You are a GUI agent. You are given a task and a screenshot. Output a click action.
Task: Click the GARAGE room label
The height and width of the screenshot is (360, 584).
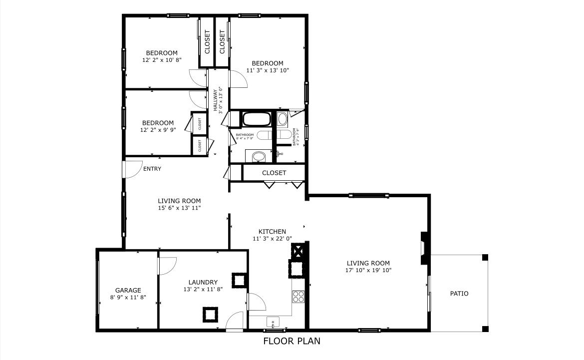click(x=128, y=290)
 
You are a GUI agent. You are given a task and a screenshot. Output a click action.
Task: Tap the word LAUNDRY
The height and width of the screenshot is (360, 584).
click(x=203, y=282)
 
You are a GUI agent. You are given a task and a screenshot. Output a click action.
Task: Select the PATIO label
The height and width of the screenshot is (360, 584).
click(x=459, y=294)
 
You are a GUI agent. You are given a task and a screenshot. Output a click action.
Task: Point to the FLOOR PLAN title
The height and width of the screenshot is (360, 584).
click(x=292, y=342)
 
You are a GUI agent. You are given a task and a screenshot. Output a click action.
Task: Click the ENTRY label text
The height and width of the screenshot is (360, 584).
click(x=152, y=169)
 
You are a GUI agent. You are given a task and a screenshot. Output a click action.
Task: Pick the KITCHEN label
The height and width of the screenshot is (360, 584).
click(x=272, y=232)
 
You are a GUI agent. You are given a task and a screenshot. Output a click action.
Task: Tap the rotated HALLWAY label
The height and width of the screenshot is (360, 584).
click(x=216, y=100)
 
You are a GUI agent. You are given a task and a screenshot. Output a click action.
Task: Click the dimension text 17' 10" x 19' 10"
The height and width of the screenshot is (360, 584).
click(x=368, y=271)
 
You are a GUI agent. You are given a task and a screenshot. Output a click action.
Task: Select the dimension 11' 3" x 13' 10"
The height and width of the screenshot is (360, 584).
click(x=268, y=70)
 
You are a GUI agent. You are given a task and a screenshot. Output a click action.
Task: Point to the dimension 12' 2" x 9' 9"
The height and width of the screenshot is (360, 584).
click(x=158, y=130)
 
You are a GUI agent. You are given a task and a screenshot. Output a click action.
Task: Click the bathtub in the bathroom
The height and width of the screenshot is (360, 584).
click(x=257, y=120)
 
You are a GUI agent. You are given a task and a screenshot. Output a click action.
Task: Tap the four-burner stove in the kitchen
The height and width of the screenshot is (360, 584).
click(x=298, y=297)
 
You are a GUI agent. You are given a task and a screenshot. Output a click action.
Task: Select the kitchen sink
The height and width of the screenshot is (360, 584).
click(x=273, y=321)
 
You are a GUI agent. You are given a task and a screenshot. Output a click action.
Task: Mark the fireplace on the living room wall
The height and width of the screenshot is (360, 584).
click(x=424, y=248)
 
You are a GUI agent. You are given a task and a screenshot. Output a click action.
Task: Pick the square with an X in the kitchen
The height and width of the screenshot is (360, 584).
click(x=298, y=250)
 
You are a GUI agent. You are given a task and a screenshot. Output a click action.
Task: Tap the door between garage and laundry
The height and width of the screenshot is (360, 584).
click(x=168, y=265)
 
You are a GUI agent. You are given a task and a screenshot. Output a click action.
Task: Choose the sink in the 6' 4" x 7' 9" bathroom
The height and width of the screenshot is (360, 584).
click(x=258, y=157)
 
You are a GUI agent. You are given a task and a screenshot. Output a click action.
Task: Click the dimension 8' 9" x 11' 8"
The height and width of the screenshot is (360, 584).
click(x=128, y=298)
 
